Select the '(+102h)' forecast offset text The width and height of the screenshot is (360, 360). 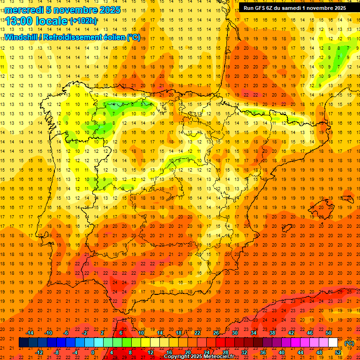pyautogui.click(x=83, y=21)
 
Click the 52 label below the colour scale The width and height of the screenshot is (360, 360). pyautogui.click(x=338, y=352)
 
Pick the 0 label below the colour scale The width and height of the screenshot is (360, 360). pyautogui.click(x=93, y=352)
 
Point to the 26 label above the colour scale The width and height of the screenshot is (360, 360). pyautogui.click(x=216, y=332)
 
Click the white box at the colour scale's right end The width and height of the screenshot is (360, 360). pyautogui.click(x=333, y=343)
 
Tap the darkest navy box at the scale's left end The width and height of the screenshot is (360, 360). pyautogui.click(x=23, y=343)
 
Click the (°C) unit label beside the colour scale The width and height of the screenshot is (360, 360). pyautogui.click(x=349, y=343)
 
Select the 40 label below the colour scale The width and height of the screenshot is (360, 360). pyautogui.click(x=282, y=352)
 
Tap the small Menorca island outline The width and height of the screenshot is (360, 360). pyautogui.click(x=347, y=199)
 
